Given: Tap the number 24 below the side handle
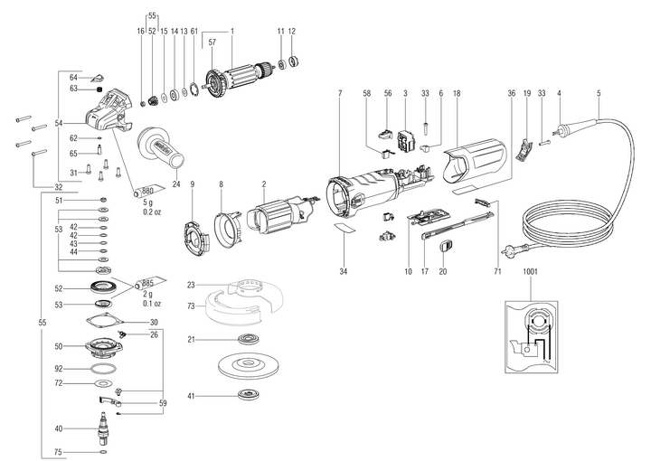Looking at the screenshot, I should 176,184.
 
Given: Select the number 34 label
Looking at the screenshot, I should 344,269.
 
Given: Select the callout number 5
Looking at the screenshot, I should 599,93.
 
